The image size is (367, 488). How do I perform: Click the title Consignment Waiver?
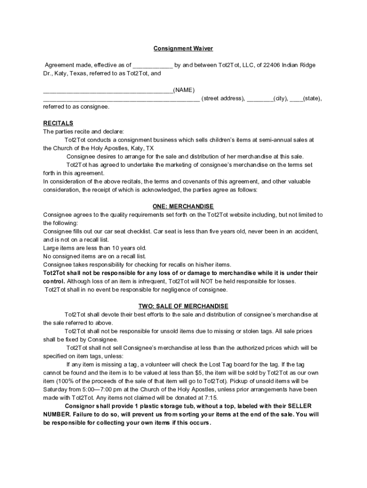[183, 49]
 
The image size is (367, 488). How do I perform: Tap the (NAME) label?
[184, 90]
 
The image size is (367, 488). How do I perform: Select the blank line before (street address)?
[122, 99]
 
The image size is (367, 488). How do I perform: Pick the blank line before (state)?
[296, 99]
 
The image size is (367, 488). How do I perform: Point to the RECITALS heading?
[58, 123]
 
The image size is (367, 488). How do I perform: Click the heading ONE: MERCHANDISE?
[183, 206]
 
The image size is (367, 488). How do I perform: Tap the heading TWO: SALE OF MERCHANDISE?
[183, 306]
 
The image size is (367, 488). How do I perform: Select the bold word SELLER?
[301, 407]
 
